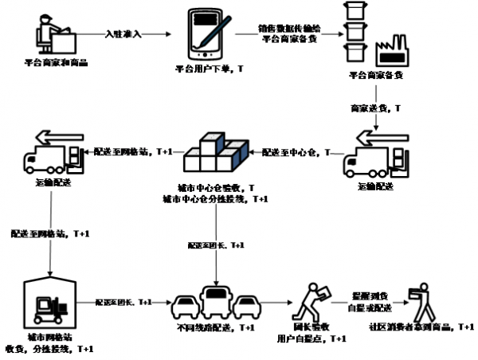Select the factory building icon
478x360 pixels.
tap(391, 52)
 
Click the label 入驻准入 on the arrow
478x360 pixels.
tap(124, 33)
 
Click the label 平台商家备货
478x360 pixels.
tap(376, 76)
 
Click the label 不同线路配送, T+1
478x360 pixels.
tap(215, 328)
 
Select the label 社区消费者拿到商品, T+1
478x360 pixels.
tap(420, 327)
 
